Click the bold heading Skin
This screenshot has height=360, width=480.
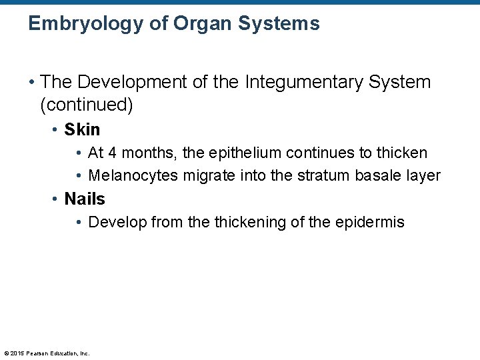82,129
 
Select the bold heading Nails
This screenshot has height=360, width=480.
85,199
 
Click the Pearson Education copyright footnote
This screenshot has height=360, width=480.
47,353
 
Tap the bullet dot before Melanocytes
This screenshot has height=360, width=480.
79,176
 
